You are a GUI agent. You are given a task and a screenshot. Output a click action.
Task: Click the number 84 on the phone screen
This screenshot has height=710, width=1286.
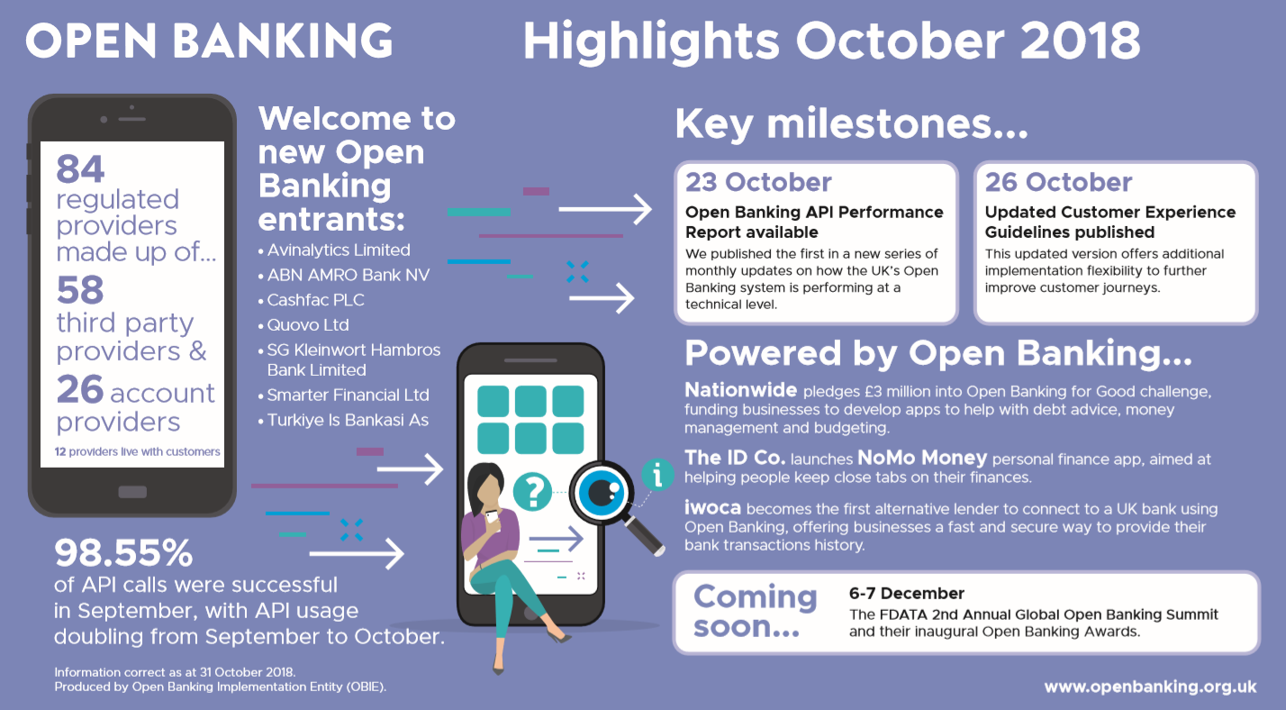[x=80, y=168]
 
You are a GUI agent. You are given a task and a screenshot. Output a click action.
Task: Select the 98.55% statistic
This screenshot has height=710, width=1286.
[x=123, y=552]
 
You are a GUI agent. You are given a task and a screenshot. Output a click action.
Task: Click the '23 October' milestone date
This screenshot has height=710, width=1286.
[x=758, y=182]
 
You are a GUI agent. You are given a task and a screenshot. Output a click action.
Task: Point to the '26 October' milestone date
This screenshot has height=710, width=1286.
[x=1059, y=182]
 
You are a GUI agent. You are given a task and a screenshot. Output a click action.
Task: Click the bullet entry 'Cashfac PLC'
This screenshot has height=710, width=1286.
[x=315, y=300]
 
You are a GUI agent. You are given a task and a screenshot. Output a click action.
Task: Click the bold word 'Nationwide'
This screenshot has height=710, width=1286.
[x=740, y=390]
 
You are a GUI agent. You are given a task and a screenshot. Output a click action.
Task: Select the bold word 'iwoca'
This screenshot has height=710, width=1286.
[x=712, y=508]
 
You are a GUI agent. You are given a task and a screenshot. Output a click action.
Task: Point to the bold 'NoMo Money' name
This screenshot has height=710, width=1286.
[x=922, y=458]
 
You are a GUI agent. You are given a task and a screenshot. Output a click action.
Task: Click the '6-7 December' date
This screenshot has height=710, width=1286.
[x=907, y=594]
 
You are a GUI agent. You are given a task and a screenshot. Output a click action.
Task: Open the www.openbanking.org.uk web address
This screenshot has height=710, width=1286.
[x=1150, y=687]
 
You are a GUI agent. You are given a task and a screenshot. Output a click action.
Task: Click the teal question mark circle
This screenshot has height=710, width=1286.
[x=533, y=492]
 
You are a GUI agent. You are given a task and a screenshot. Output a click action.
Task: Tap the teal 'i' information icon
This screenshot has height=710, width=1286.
[x=657, y=475]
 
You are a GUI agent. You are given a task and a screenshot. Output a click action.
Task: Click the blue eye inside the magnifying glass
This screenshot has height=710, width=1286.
[x=601, y=493]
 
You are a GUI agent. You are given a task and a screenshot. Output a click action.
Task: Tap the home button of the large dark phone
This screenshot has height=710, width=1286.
[x=132, y=492]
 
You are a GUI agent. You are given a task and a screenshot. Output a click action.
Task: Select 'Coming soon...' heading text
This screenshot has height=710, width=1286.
[x=755, y=611]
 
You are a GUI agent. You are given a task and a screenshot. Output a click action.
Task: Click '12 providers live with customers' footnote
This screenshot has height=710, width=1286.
[x=137, y=451]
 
